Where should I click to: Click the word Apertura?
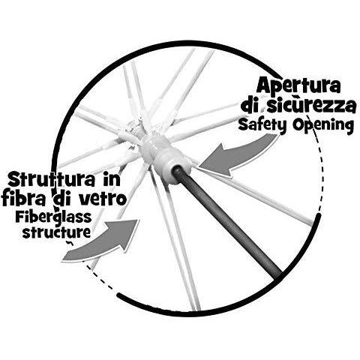point(298,85)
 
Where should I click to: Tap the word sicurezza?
point(311,106)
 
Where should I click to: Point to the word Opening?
point(323,125)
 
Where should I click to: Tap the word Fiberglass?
point(53,217)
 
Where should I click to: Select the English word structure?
point(56,232)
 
